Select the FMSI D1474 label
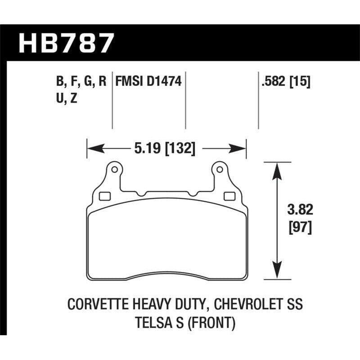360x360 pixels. [x=148, y=82]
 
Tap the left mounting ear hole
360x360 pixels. [x=114, y=170]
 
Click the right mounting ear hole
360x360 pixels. [x=220, y=170]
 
